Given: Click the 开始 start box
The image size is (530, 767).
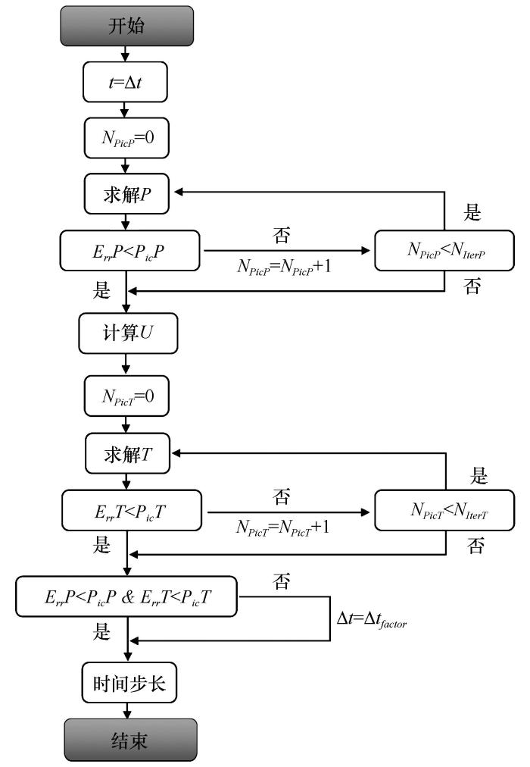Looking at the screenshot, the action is tap(127, 26).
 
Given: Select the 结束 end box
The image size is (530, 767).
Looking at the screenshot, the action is tap(130, 740).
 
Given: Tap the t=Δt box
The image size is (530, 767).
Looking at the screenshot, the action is tap(125, 82).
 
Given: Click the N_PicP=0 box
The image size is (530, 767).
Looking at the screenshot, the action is tap(126, 137).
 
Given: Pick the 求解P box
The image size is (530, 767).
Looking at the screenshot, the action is tap(126, 194).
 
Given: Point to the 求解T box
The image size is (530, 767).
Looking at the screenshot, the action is tap(127, 453).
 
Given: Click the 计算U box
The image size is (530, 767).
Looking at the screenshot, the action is tap(128, 333).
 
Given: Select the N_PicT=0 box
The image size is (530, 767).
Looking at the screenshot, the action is tap(127, 396).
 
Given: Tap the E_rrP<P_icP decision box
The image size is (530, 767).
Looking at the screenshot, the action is tap(130, 250).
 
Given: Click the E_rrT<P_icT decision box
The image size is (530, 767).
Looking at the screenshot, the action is tap(132, 511).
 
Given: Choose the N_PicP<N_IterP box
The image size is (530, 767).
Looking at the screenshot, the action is tap(444, 250).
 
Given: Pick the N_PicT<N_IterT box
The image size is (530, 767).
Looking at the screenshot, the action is tap(444, 510).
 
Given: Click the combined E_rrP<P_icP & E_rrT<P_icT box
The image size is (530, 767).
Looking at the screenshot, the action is tap(126, 596).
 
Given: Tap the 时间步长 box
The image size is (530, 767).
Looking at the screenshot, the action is tap(129, 683).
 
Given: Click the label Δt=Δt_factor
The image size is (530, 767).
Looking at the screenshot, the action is tap(372, 620).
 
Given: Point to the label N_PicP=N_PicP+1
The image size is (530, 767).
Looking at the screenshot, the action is tap(284, 267).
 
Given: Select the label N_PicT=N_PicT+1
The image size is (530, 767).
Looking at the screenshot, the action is tap(283, 528).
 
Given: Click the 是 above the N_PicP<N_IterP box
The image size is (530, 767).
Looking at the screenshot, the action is tap(472, 212).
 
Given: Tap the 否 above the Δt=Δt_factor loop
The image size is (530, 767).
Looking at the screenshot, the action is tap(282, 581).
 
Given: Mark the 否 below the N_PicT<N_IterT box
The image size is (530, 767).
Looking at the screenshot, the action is tap(475, 546).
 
